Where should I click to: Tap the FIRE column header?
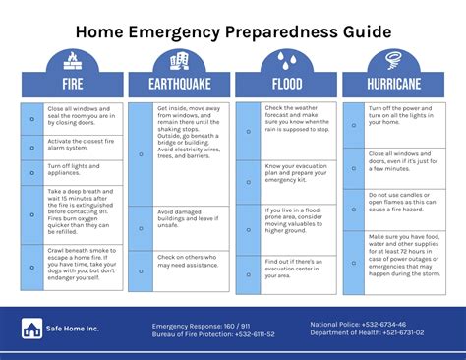pos(73,85)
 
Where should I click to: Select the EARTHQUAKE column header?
pos(179,85)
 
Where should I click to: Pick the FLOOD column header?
pos(286,85)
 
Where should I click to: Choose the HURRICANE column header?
pos(393,85)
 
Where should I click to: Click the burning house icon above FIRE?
pos(73,60)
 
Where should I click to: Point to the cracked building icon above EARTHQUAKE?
pos(179,60)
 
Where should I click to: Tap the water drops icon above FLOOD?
pos(286,60)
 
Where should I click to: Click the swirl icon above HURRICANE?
pos(393,60)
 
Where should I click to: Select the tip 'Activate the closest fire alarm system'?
pos(81,145)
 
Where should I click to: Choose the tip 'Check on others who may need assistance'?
pos(187,262)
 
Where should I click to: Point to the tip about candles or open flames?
pos(401,202)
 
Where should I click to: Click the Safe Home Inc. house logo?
pos(31,330)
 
